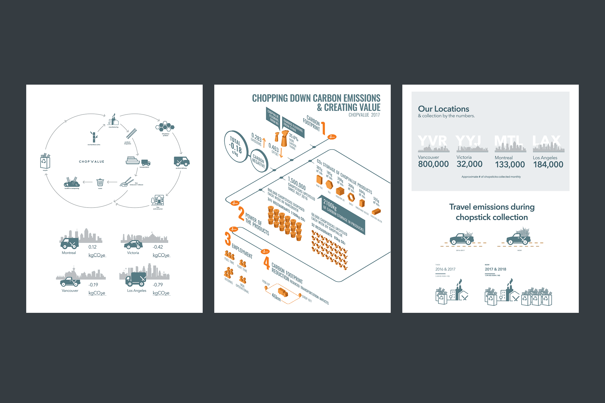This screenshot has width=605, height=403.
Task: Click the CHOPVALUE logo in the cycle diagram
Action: (x=91, y=162)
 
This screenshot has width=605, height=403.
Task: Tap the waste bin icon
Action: (x=100, y=182)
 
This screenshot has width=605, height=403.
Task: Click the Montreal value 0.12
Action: (x=92, y=247)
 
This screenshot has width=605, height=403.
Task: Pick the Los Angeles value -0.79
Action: (x=158, y=285)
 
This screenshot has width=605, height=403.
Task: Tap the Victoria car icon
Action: (x=133, y=244)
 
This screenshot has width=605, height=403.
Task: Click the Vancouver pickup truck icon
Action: (x=70, y=282)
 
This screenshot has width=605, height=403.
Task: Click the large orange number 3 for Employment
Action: (x=228, y=239)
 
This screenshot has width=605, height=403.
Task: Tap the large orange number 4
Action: (x=266, y=264)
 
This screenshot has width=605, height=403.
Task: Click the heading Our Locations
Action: (x=443, y=109)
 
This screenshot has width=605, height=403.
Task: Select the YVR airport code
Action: (x=432, y=141)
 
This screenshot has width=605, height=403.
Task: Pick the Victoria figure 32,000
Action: (x=469, y=164)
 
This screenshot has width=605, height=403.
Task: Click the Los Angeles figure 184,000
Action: (x=548, y=164)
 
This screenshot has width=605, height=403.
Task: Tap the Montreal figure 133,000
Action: (x=510, y=164)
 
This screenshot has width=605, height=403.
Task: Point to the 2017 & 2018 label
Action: (x=495, y=269)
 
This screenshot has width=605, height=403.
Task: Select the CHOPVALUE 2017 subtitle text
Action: (x=364, y=115)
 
